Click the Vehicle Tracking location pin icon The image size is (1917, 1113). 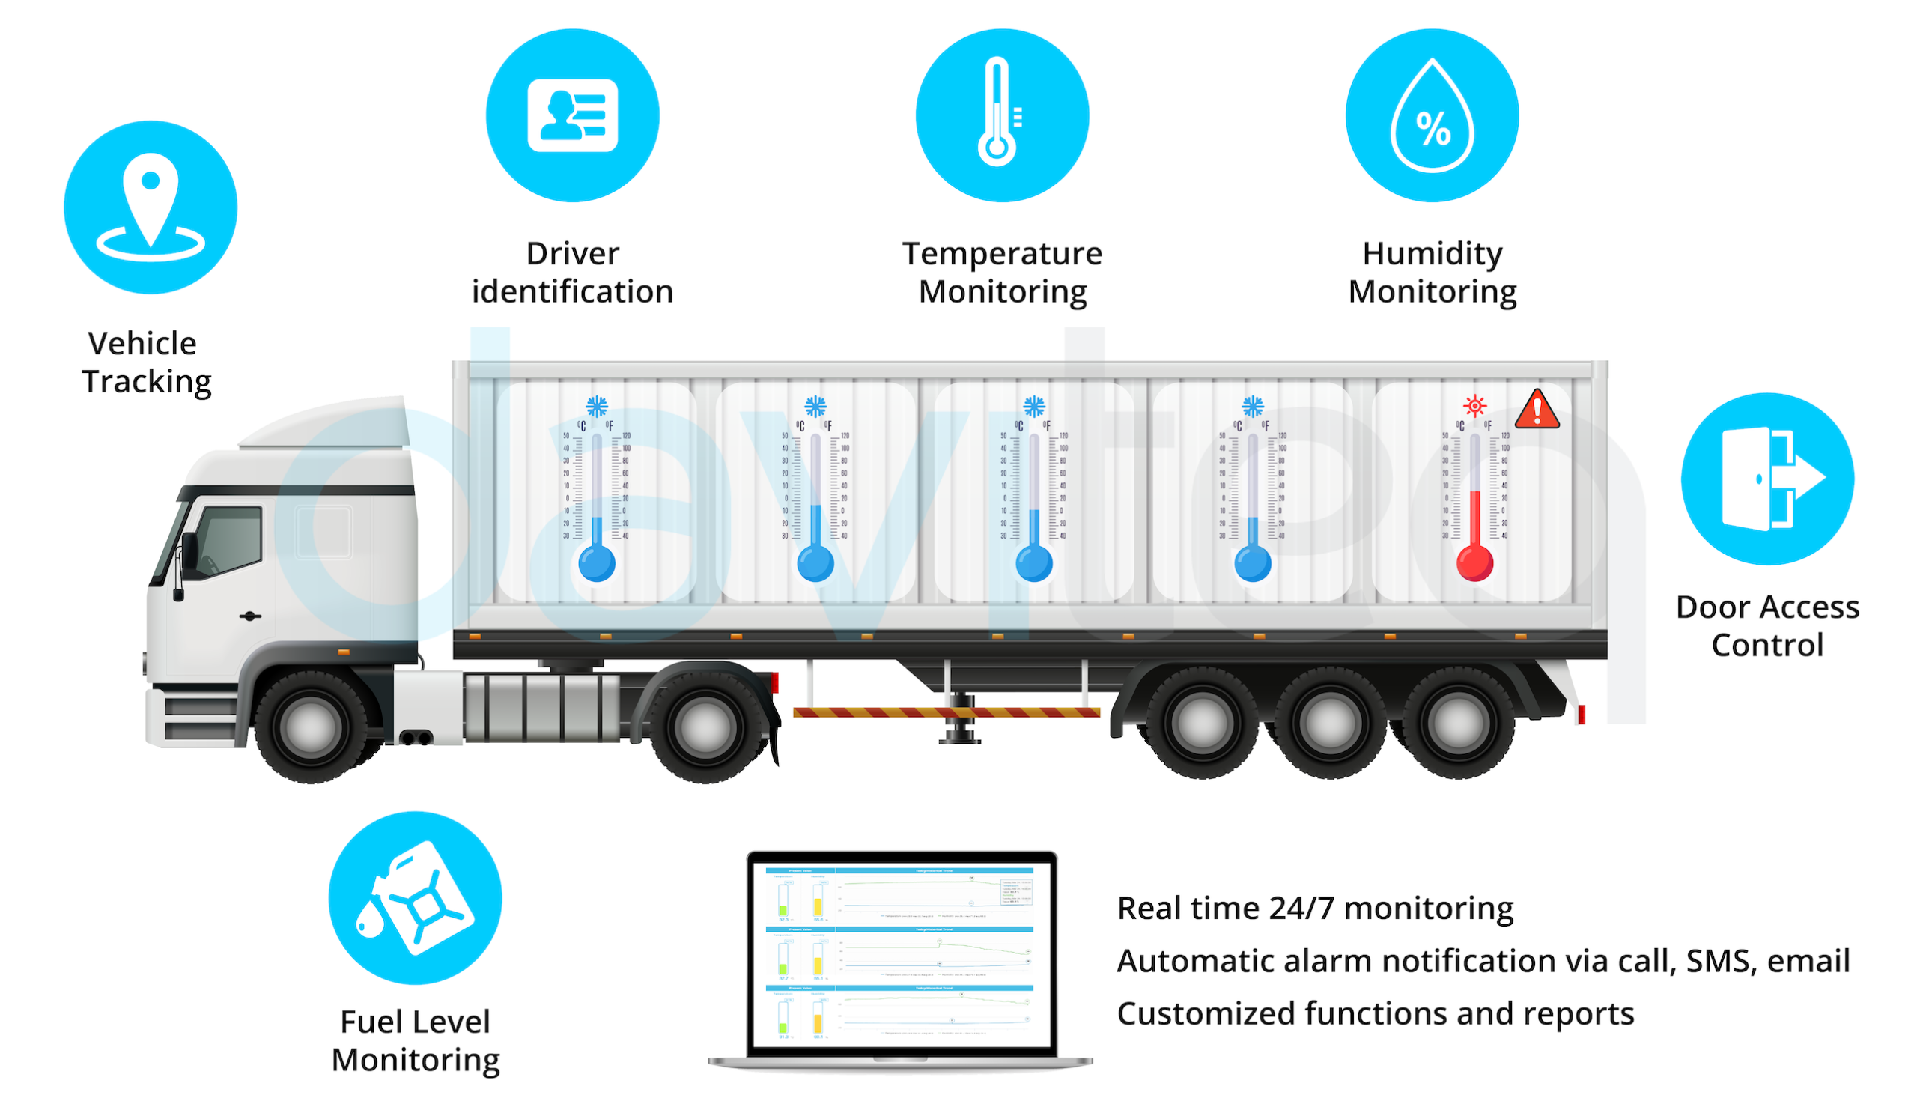pyautogui.click(x=151, y=207)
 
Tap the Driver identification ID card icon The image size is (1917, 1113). pyautogui.click(x=573, y=115)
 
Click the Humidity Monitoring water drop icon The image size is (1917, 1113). pyautogui.click(x=1433, y=115)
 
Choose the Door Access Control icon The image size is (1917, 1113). pyautogui.click(x=1768, y=479)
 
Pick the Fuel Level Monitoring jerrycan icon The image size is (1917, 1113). pyautogui.click(x=416, y=899)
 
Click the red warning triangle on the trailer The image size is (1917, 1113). pyautogui.click(x=1537, y=410)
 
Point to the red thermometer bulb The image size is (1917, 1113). pyautogui.click(x=1474, y=564)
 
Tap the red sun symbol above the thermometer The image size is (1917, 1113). pyautogui.click(x=1474, y=405)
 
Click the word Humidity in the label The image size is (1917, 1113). pyautogui.click(x=1432, y=253)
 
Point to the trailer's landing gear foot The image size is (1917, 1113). pyautogui.click(x=960, y=736)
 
